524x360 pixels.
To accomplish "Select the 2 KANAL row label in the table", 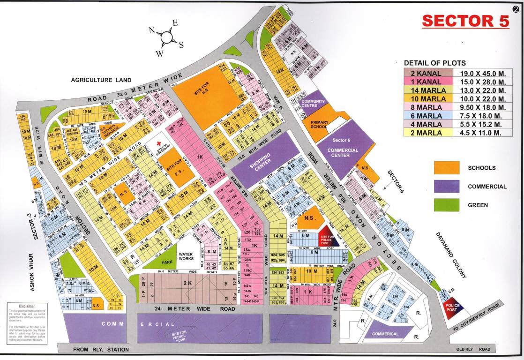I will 429,73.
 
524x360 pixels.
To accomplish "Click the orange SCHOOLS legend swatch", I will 446,168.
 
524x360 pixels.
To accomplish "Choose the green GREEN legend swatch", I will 446,205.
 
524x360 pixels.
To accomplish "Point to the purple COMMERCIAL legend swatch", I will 446,187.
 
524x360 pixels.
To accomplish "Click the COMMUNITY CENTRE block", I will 313,104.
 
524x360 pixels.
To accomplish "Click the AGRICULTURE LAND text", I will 101,80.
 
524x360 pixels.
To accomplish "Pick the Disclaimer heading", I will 20,306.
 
